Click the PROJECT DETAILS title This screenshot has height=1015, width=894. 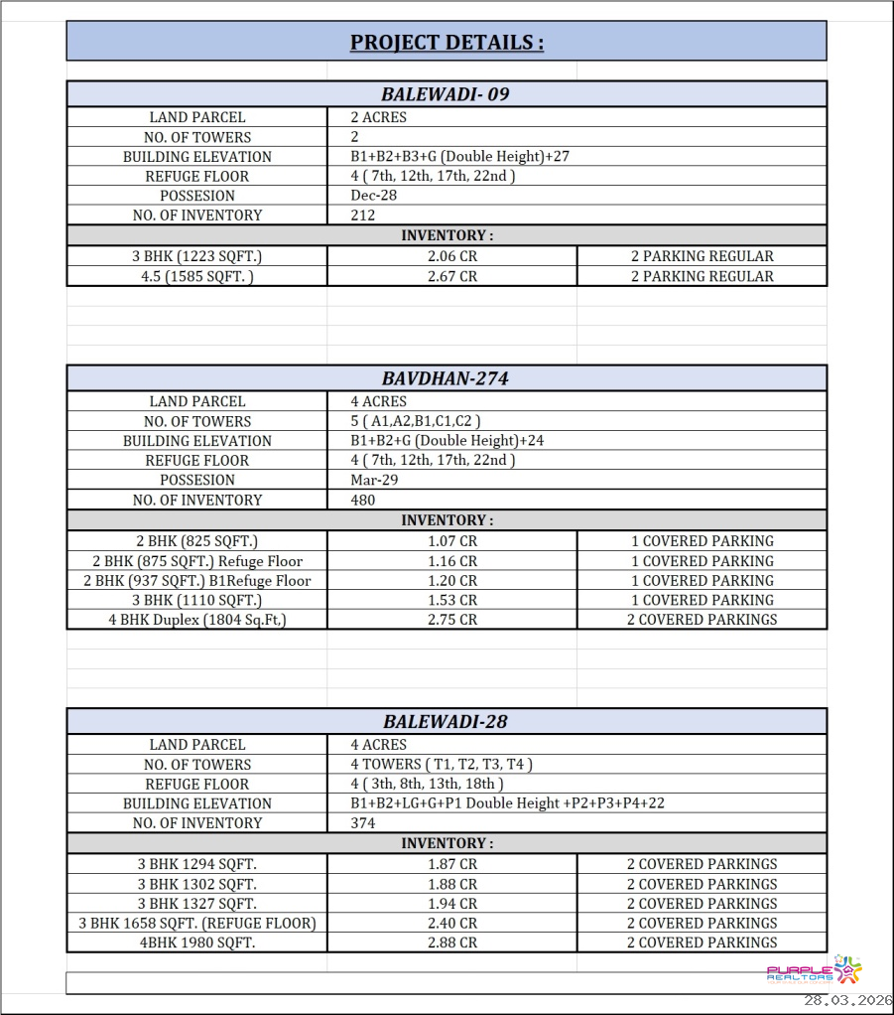tap(447, 43)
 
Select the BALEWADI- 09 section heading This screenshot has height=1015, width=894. tap(447, 95)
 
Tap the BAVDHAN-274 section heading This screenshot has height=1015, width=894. tap(447, 378)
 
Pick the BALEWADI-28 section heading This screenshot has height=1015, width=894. tap(447, 722)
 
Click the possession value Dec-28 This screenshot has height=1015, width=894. tap(374, 196)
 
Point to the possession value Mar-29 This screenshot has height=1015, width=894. tap(374, 481)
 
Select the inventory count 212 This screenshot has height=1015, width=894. tap(362, 216)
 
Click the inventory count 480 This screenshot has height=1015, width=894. tap(363, 501)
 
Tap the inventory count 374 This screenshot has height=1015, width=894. tap(363, 823)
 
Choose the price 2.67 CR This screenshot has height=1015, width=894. tap(452, 277)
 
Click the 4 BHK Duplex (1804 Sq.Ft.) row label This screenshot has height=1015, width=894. tap(196, 620)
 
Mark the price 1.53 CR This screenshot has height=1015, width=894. tap(452, 601)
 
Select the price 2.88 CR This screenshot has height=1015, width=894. tap(452, 943)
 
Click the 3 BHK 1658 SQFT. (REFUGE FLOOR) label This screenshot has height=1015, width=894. tap(196, 924)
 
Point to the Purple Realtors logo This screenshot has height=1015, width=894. tap(815, 971)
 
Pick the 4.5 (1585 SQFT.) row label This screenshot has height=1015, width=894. tap(196, 277)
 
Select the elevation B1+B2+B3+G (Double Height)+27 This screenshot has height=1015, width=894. tap(459, 157)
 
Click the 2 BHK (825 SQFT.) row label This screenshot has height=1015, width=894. tap(196, 542)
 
